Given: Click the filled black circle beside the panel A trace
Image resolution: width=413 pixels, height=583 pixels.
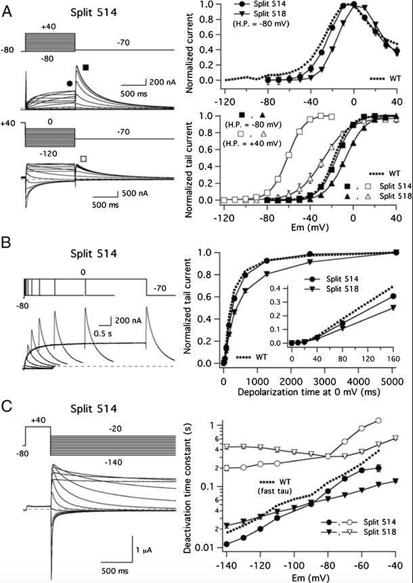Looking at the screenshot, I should click(x=70, y=83).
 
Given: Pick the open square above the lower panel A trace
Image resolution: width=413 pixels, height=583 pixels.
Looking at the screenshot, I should click(x=83, y=158).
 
